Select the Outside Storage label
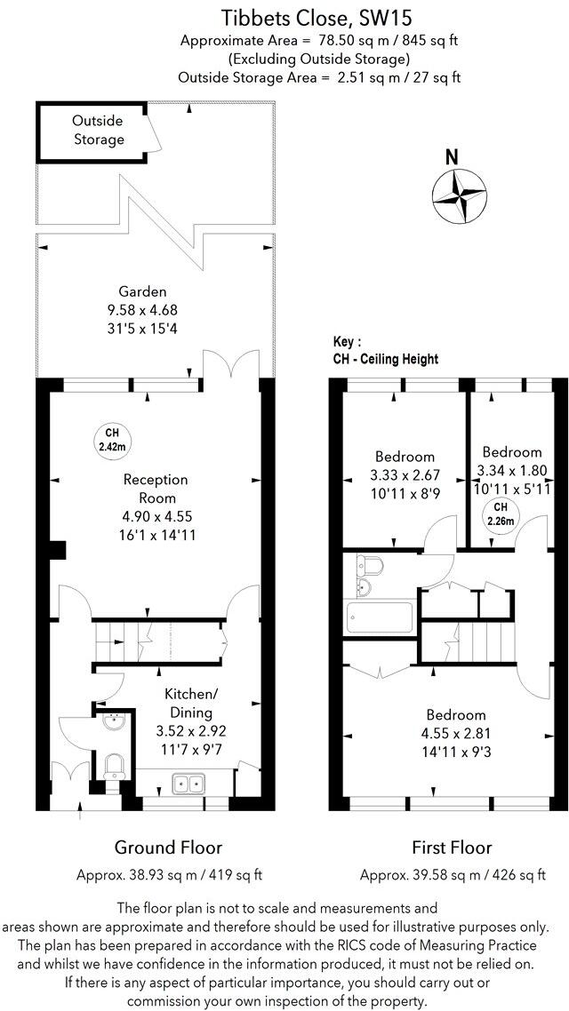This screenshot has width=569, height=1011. pyautogui.click(x=98, y=130)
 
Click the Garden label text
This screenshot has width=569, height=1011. pyautogui.click(x=143, y=291)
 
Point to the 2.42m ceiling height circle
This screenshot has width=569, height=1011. pyautogui.click(x=111, y=439)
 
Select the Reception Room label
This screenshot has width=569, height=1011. pyautogui.click(x=156, y=489)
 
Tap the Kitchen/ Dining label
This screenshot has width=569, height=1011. pyautogui.click(x=186, y=703)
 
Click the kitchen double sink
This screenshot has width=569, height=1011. pyautogui.click(x=188, y=784)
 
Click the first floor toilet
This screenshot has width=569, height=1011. pyautogui.click(x=368, y=566)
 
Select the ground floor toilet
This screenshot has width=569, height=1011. pyautogui.click(x=113, y=767)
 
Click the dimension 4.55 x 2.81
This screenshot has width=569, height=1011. pyautogui.click(x=455, y=733)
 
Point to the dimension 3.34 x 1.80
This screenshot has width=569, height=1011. pyautogui.click(x=511, y=471)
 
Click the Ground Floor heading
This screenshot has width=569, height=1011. pyautogui.click(x=168, y=848)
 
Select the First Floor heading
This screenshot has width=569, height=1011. pyautogui.click(x=452, y=848)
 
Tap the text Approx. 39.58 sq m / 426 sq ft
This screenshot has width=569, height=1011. pyautogui.click(x=452, y=875)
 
